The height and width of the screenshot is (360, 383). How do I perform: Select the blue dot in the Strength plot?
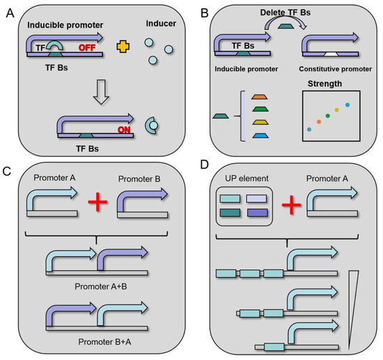pos(347,105)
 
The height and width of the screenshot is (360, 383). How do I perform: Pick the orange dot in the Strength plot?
pos(319,121)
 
